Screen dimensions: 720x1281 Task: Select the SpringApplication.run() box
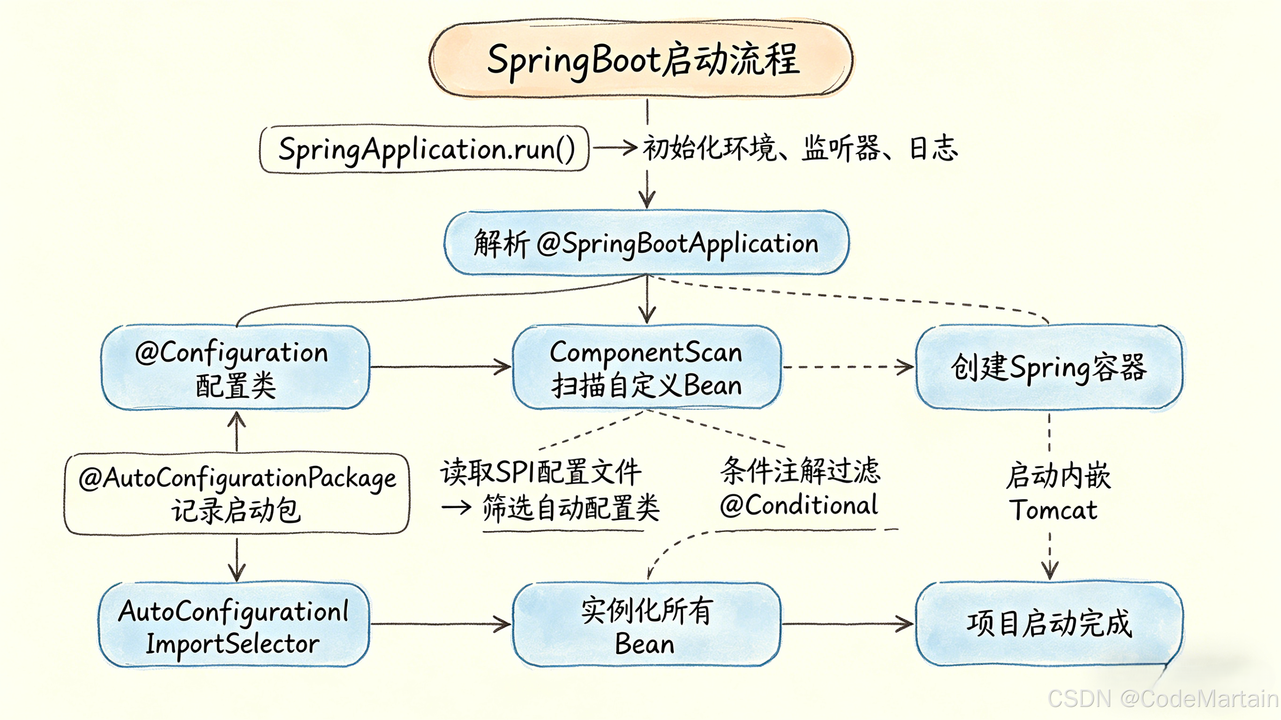click(x=425, y=149)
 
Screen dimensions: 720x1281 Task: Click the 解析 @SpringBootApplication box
click(x=647, y=243)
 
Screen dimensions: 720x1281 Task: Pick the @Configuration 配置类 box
click(x=236, y=368)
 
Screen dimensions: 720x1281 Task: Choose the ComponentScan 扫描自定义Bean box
click(x=647, y=368)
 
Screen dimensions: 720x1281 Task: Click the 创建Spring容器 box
click(x=1049, y=368)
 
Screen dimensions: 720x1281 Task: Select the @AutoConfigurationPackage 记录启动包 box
click(x=236, y=494)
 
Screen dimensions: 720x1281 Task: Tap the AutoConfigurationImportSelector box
click(x=234, y=626)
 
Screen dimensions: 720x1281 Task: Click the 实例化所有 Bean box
click(x=647, y=626)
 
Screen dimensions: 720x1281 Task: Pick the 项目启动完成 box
click(x=1049, y=624)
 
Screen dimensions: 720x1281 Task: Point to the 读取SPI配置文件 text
click(x=541, y=471)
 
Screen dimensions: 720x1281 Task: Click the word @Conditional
click(x=799, y=505)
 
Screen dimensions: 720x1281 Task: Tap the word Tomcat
click(x=1053, y=510)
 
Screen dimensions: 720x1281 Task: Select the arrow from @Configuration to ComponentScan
click(x=441, y=367)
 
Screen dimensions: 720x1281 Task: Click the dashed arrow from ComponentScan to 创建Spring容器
click(x=848, y=367)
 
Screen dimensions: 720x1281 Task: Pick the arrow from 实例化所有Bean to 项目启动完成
click(x=848, y=623)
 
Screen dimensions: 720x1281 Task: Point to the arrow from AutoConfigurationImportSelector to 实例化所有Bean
click(x=441, y=623)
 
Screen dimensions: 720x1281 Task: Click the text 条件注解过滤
click(x=801, y=470)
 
